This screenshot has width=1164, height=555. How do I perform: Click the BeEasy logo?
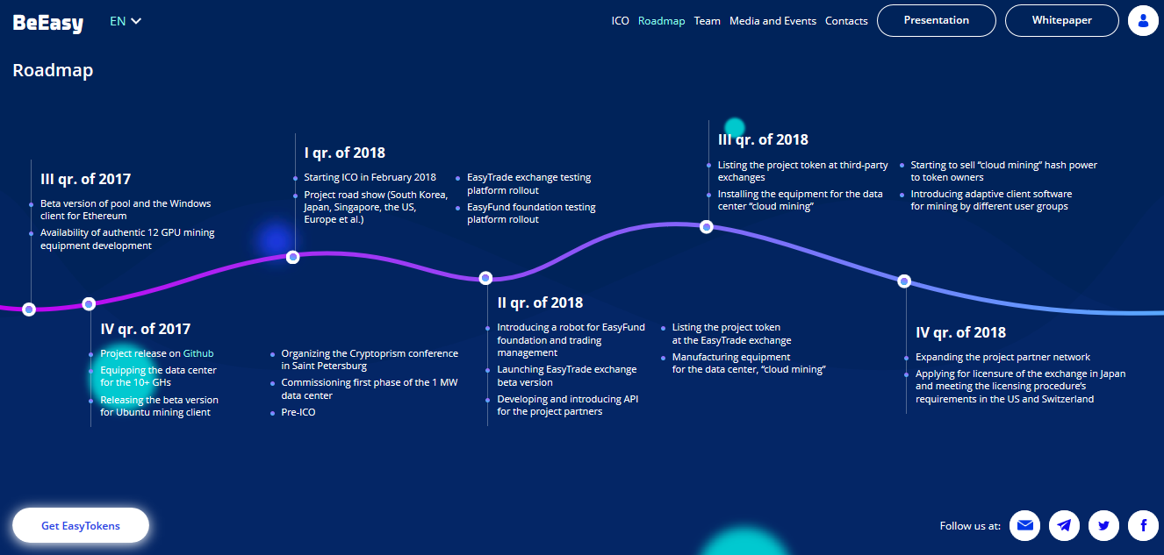47,22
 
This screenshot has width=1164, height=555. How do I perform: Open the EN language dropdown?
126,21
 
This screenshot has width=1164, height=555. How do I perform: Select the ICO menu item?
620,21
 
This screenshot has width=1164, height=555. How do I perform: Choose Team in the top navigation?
707,21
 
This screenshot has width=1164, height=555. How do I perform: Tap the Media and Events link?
772,21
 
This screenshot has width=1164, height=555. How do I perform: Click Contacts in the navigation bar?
846,21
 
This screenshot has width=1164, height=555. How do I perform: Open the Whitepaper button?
1061,20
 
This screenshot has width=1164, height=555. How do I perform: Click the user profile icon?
1143,20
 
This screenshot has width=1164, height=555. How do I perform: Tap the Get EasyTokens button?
81,525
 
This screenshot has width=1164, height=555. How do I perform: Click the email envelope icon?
1024,525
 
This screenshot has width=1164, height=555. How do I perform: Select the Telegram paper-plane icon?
1064,525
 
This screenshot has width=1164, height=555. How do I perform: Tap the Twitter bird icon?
1103,525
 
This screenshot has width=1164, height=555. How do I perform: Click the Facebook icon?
1143,525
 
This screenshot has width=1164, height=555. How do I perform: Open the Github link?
198,353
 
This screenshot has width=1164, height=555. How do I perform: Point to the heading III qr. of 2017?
86,179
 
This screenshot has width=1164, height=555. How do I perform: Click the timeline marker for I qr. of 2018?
293,257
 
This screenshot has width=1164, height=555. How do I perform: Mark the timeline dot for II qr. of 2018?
485,278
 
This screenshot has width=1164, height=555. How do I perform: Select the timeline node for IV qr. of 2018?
904,281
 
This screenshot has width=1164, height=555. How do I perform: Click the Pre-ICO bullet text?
298,412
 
